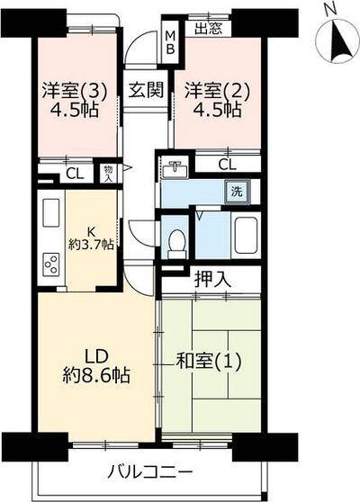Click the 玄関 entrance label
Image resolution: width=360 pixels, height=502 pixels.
144,91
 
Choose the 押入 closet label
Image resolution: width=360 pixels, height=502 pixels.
212,280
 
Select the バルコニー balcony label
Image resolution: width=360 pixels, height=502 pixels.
149,472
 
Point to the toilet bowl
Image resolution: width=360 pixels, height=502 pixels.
177,241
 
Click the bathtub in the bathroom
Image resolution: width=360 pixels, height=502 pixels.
246,236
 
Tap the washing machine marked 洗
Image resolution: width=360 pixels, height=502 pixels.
236,191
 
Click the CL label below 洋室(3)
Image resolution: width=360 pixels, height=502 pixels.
76,174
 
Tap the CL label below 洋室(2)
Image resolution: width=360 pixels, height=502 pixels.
227,165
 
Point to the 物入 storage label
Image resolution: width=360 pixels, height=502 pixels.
108,173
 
